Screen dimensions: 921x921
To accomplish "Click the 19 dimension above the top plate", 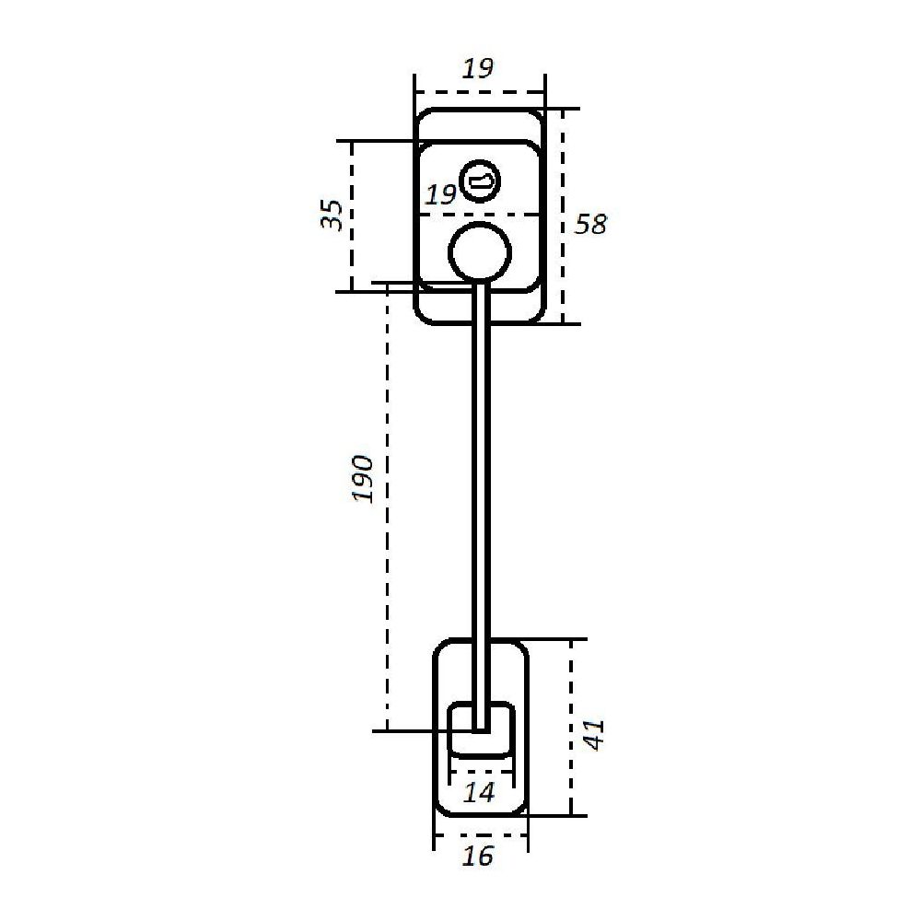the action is pyautogui.click(x=477, y=69).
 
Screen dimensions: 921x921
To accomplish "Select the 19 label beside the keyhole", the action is pyautogui.click(x=440, y=194).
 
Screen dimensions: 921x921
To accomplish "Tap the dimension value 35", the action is pyautogui.click(x=332, y=216).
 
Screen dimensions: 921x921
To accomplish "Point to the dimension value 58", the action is pyautogui.click(x=589, y=225).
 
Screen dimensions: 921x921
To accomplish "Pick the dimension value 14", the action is pyautogui.click(x=479, y=793).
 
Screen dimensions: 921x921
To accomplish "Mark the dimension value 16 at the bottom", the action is pyautogui.click(x=478, y=857).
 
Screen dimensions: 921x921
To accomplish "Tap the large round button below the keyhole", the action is pyautogui.click(x=480, y=251).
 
